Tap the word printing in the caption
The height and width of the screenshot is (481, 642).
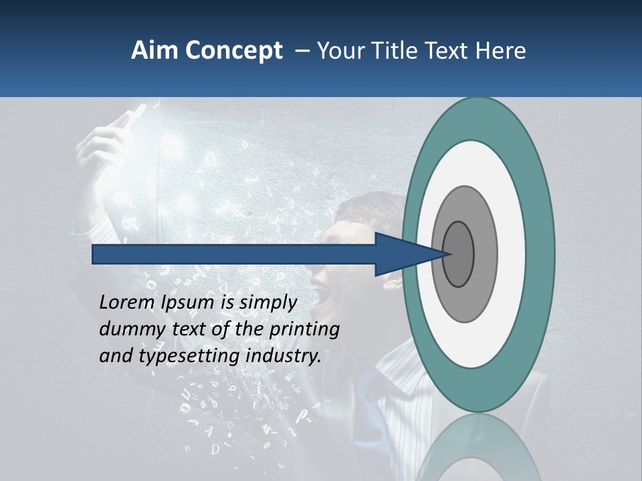click(x=304, y=330)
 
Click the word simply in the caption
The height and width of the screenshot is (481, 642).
click(x=267, y=303)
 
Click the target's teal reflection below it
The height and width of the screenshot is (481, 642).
click(x=477, y=448)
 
